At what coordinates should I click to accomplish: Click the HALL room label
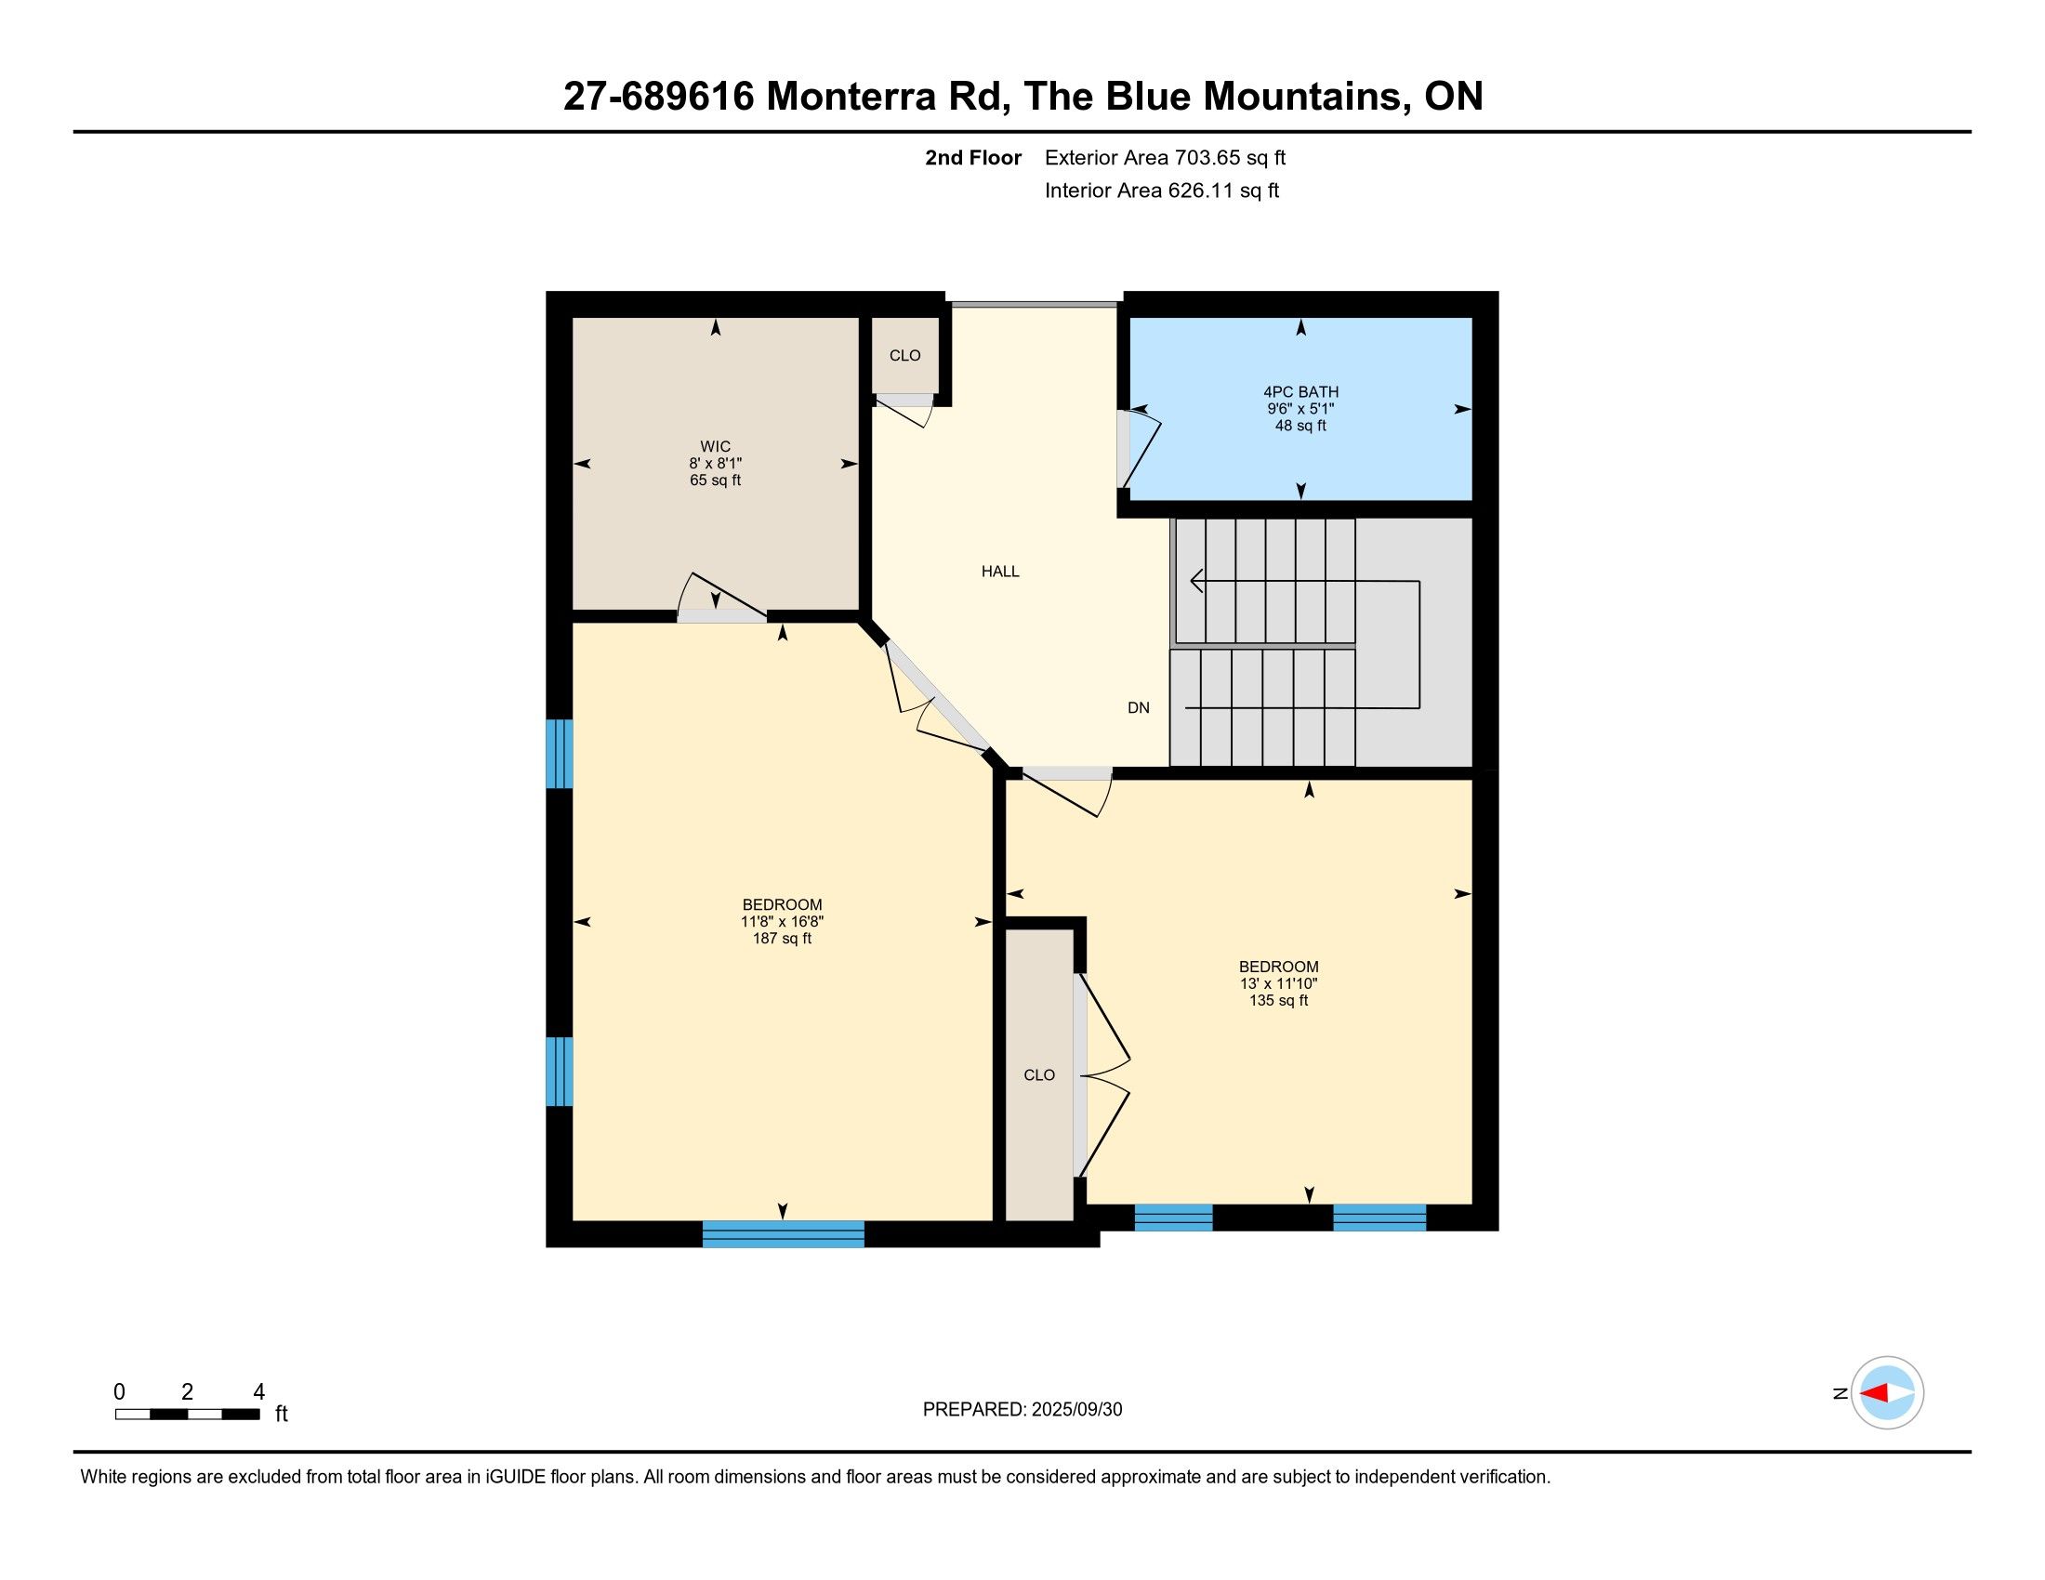pyautogui.click(x=1000, y=571)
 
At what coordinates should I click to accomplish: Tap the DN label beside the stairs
pyautogui.click(x=1139, y=707)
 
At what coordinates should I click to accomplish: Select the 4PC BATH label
pyautogui.click(x=1300, y=392)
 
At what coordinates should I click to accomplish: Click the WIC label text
pyautogui.click(x=716, y=446)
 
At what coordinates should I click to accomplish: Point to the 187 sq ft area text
pyautogui.click(x=782, y=939)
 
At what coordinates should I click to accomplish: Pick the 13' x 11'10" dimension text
pyautogui.click(x=1278, y=983)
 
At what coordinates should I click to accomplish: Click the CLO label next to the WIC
pyautogui.click(x=904, y=356)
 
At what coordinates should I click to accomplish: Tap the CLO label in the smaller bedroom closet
pyautogui.click(x=1039, y=1075)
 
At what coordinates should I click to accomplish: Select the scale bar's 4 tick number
pyautogui.click(x=259, y=1392)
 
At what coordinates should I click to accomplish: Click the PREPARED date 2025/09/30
pyautogui.click(x=1076, y=1410)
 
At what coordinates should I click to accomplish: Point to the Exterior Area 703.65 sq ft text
pyautogui.click(x=1165, y=157)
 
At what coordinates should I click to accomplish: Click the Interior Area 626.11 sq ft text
pyautogui.click(x=1161, y=190)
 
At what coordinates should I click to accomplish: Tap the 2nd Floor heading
pyautogui.click(x=973, y=157)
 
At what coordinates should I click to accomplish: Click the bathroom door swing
pyautogui.click(x=1141, y=448)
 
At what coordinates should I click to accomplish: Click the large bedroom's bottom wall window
pyautogui.click(x=783, y=1233)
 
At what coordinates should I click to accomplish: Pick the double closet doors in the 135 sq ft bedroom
pyautogui.click(x=1102, y=1074)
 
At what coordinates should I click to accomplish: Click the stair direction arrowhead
pyautogui.click(x=1196, y=581)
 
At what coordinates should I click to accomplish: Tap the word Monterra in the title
pyautogui.click(x=851, y=97)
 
